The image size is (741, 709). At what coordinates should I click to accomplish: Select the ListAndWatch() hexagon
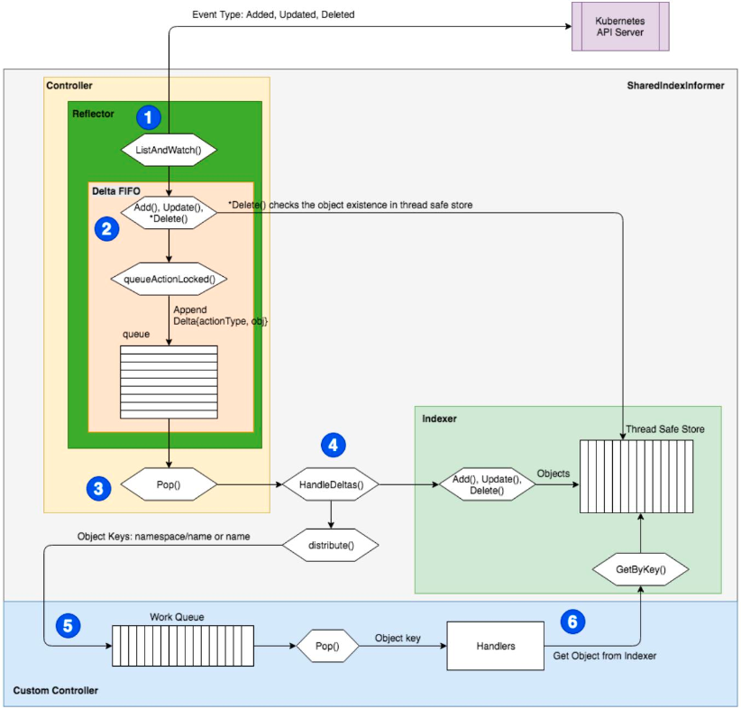[x=169, y=148]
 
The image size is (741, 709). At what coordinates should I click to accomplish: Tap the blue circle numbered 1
[x=148, y=116]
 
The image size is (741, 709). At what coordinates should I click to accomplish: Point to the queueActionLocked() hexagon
[x=169, y=279]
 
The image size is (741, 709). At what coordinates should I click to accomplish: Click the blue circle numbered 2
[x=108, y=228]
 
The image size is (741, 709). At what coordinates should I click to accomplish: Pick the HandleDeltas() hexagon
[x=331, y=485]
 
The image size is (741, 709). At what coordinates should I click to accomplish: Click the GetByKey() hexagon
[x=641, y=570]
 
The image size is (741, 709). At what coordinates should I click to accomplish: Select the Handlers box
[x=496, y=646]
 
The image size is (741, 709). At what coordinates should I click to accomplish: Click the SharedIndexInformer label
[x=675, y=86]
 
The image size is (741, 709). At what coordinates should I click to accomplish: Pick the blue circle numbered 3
[x=98, y=488]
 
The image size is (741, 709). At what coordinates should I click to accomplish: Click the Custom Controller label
[x=56, y=690]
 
